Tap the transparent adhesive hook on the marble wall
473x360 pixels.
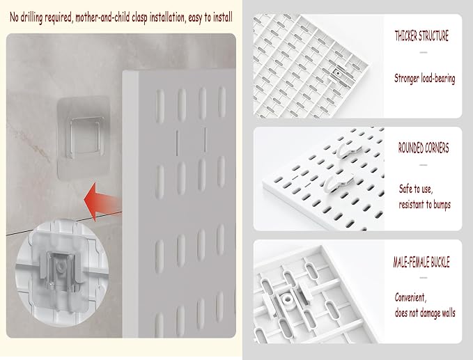(84, 139)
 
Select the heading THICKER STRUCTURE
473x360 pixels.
(421, 36)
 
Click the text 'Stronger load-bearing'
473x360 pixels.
(424, 79)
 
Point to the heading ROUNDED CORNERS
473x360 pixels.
(424, 148)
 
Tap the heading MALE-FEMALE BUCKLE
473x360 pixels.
(421, 262)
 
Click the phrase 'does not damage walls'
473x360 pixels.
(425, 313)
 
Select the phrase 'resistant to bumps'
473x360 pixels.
(424, 205)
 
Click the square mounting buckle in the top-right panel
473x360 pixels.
(339, 74)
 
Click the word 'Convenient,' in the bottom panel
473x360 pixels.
(410, 297)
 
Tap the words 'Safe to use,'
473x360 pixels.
(416, 189)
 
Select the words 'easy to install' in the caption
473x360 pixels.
(210, 17)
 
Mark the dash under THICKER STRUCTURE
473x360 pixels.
(424, 52)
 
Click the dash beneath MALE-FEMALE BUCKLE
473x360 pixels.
(424, 277)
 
